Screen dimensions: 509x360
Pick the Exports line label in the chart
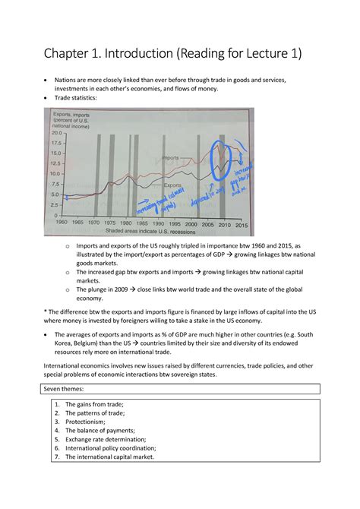tap(174, 185)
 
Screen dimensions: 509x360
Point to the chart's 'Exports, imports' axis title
tap(71, 119)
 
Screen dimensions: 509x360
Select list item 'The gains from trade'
tap(101, 405)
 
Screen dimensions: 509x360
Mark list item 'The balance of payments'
tap(106, 430)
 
